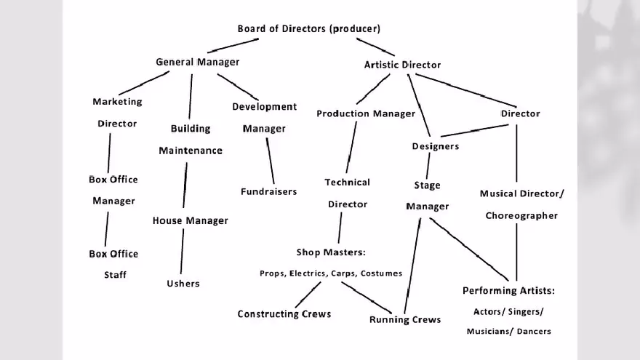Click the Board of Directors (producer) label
pyautogui.click(x=308, y=28)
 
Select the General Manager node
pyautogui.click(x=197, y=62)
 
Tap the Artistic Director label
pyautogui.click(x=402, y=65)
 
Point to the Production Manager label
pyautogui.click(x=365, y=113)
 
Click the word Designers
pyautogui.click(x=435, y=146)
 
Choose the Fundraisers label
pyautogui.click(x=268, y=191)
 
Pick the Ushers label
pyautogui.click(x=183, y=283)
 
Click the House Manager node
pyautogui.click(x=190, y=220)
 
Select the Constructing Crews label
pyautogui.click(x=284, y=314)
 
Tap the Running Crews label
pyautogui.click(x=404, y=319)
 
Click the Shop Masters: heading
pyautogui.click(x=330, y=252)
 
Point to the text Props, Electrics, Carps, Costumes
pyautogui.click(x=330, y=273)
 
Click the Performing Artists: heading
pyautogui.click(x=508, y=291)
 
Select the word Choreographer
pyautogui.click(x=521, y=215)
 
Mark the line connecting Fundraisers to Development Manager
pyautogui.click(x=270, y=161)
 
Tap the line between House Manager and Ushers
pyautogui.click(x=182, y=251)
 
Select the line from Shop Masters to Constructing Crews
pyautogui.click(x=308, y=295)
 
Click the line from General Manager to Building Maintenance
pyautogui.click(x=191, y=96)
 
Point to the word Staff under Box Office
pyautogui.click(x=114, y=275)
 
